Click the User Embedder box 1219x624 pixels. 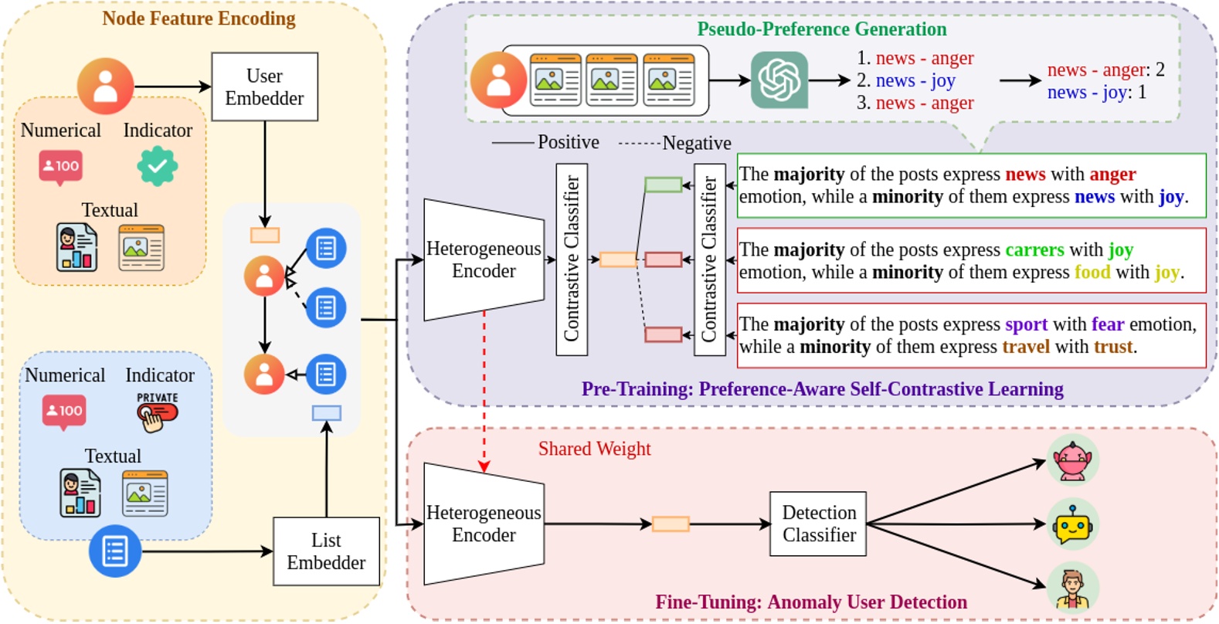[264, 86]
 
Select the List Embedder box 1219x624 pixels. [326, 551]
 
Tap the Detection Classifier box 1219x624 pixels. [818, 524]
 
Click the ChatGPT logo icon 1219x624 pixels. [779, 80]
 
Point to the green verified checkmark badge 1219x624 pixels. [158, 165]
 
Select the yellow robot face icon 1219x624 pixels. [1072, 526]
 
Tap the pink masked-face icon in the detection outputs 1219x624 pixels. [1072, 460]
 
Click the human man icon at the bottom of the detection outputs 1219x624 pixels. [1072, 588]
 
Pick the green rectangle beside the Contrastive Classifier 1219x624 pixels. [663, 185]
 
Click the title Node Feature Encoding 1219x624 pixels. [199, 19]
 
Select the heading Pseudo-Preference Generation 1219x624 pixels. [821, 29]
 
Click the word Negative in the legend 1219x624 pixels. [696, 143]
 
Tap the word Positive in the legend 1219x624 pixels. [568, 142]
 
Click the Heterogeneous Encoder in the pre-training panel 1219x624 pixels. [484, 259]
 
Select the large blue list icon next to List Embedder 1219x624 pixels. [115, 551]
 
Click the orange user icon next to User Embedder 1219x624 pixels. [105, 86]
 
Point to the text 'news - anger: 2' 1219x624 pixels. [1105, 70]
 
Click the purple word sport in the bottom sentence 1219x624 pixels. [1026, 324]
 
